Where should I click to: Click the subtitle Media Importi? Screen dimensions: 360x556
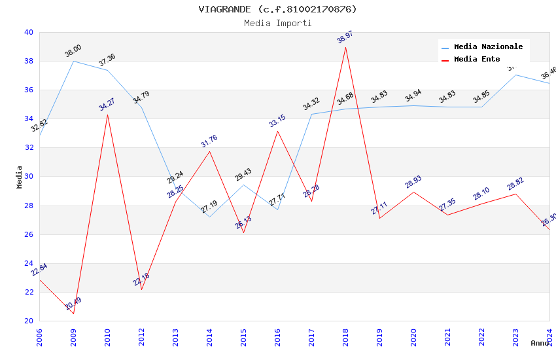278,23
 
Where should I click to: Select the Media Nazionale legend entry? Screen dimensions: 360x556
488,47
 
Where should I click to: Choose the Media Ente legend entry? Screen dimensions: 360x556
477,60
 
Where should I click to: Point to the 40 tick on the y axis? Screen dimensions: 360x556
28,32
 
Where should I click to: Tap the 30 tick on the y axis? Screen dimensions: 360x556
28,177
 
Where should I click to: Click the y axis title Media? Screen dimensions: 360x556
20,177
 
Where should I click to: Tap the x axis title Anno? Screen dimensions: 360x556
540,343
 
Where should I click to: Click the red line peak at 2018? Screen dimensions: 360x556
345,47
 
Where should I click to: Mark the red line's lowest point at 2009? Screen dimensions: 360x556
73,314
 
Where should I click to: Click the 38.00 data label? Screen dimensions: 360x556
73,50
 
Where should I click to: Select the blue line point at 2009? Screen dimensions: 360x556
73,61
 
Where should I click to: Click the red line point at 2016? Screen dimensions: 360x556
277,131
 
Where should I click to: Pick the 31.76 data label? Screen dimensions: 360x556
209,140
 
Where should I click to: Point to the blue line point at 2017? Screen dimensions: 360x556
311,115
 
